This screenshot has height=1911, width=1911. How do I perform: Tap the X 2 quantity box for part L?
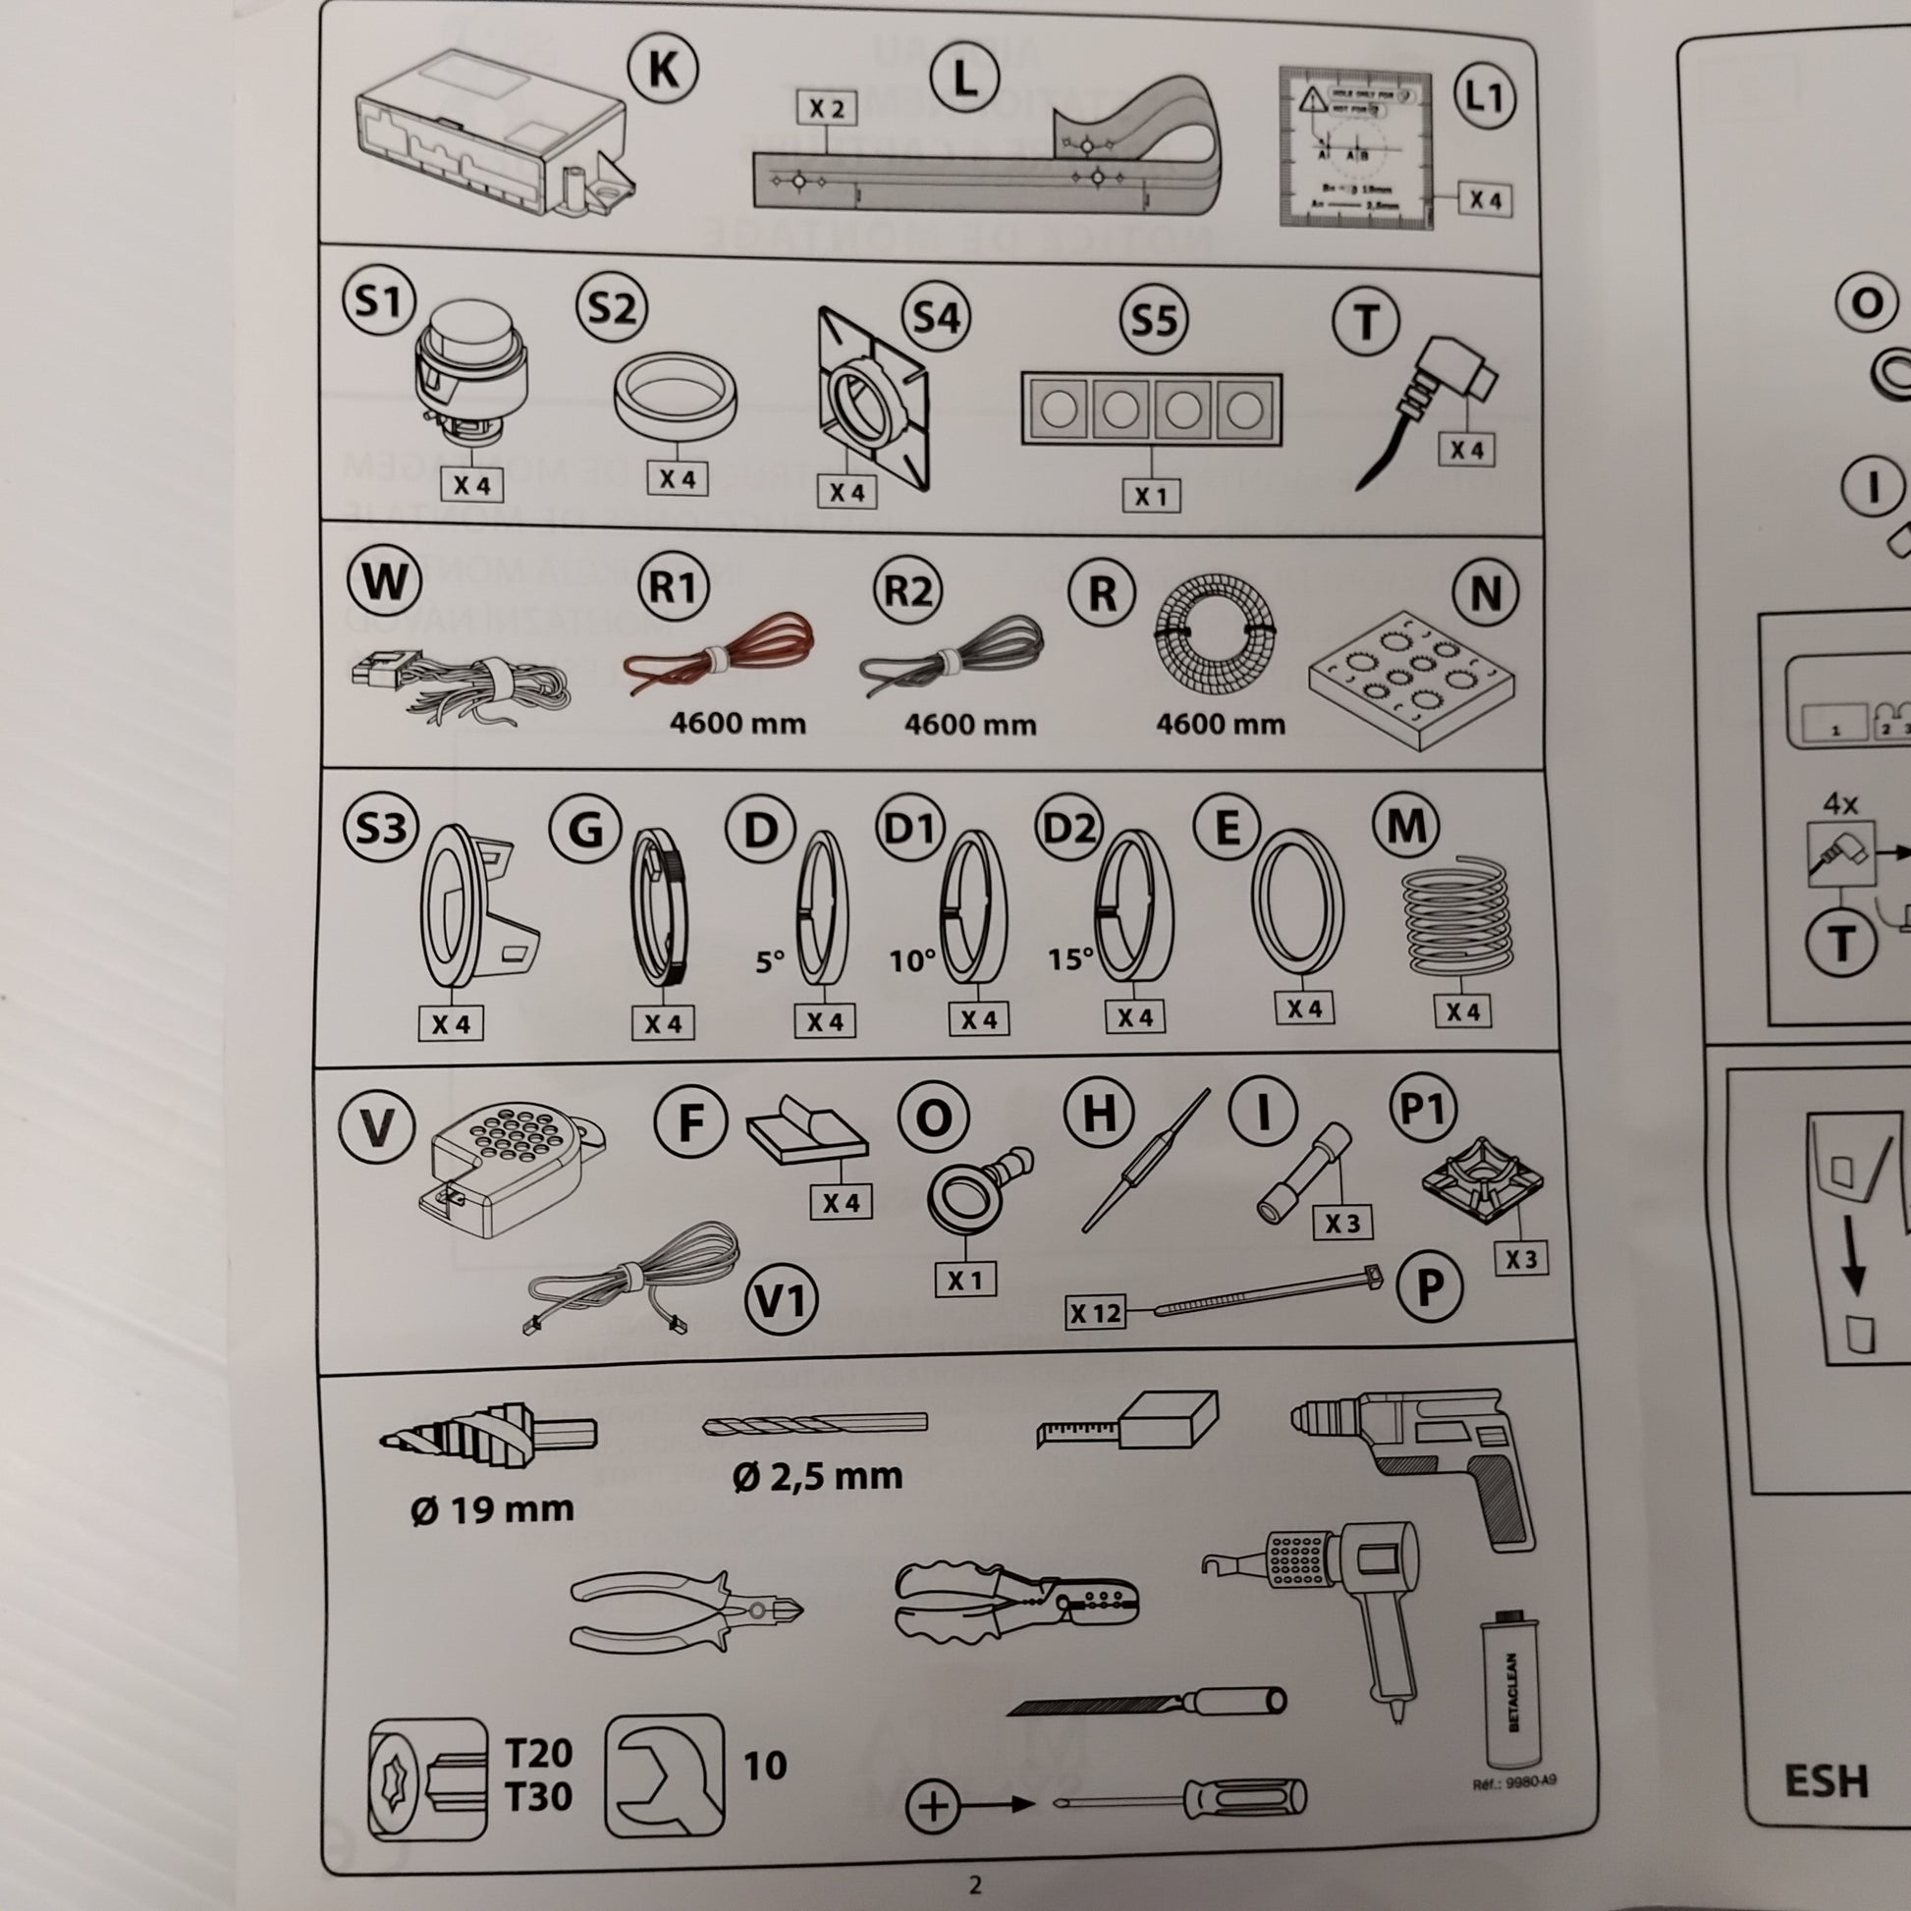(826, 109)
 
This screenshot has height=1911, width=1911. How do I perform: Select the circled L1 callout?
(1484, 99)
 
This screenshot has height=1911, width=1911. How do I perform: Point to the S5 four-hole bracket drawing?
(1151, 409)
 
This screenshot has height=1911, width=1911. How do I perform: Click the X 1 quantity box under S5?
(1151, 495)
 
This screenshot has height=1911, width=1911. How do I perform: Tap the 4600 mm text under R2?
(969, 725)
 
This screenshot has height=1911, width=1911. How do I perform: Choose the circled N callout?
(1486, 593)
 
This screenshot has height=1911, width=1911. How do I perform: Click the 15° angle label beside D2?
(1070, 958)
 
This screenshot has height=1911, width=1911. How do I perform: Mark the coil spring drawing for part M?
(1459, 912)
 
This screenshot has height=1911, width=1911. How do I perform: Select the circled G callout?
(585, 828)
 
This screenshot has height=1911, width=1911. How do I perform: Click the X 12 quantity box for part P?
(1095, 1314)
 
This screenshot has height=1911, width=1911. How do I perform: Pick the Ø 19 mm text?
(492, 1509)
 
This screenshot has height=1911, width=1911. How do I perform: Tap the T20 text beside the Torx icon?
(538, 1753)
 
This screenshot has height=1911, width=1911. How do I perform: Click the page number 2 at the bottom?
(974, 1884)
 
